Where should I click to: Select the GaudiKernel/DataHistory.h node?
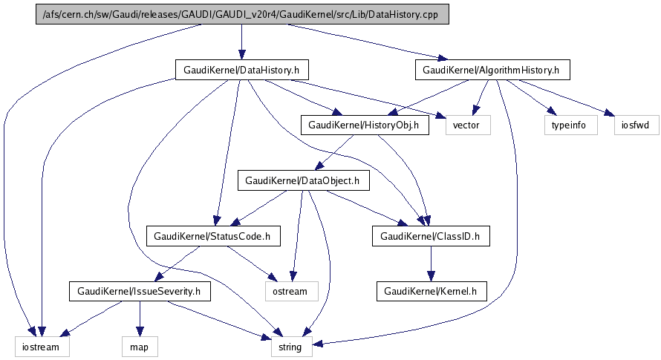pos(241,71)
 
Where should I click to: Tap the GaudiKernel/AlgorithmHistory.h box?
pos(492,71)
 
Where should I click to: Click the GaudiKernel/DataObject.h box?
pos(302,180)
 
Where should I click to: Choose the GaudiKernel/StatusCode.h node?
pos(212,237)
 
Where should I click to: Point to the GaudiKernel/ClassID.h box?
pos(431,237)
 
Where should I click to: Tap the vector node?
pos(468,125)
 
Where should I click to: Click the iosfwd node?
pos(637,125)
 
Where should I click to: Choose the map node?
pos(140,347)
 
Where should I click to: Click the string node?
pos(290,347)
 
